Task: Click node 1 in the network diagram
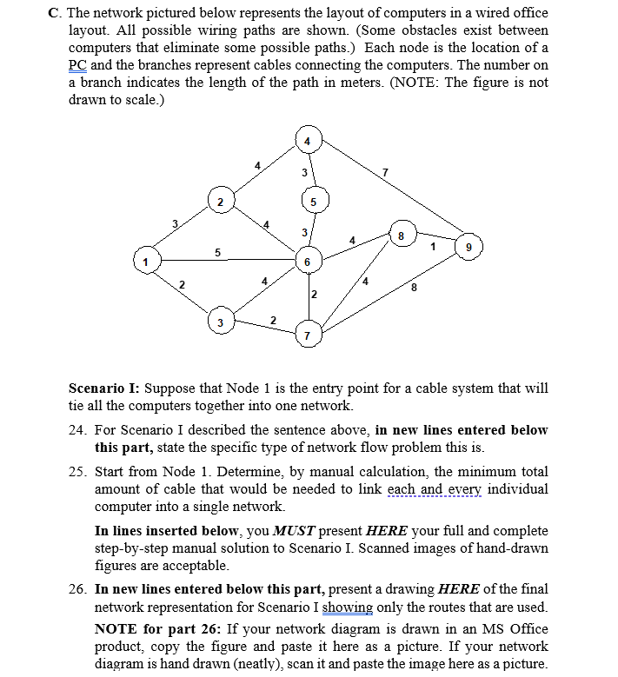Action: tap(147, 260)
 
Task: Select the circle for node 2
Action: tap(220, 202)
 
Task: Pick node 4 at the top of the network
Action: tap(307, 140)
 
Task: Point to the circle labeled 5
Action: tap(316, 202)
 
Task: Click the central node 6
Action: tap(307, 261)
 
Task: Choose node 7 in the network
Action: tap(307, 335)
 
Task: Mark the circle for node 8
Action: tap(401, 235)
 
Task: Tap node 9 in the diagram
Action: tap(469, 246)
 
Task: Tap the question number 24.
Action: tap(76, 430)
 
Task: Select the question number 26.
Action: tap(76, 588)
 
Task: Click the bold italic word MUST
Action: tap(296, 530)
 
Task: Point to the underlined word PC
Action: tap(77, 65)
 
